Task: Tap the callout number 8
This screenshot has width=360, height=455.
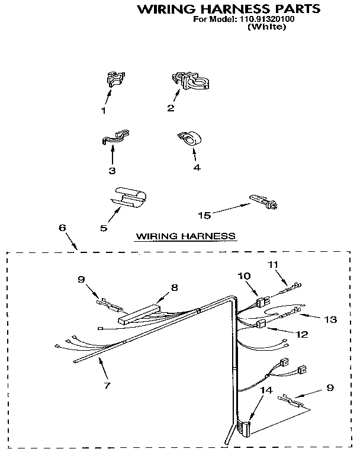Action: pyautogui.click(x=174, y=287)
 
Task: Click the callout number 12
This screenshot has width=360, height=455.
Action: pyautogui.click(x=301, y=334)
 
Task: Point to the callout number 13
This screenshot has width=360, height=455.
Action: pyautogui.click(x=330, y=319)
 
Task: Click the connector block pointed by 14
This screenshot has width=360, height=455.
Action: pyautogui.click(x=243, y=425)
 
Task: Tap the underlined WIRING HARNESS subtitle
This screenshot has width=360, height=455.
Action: pyautogui.click(x=186, y=236)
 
